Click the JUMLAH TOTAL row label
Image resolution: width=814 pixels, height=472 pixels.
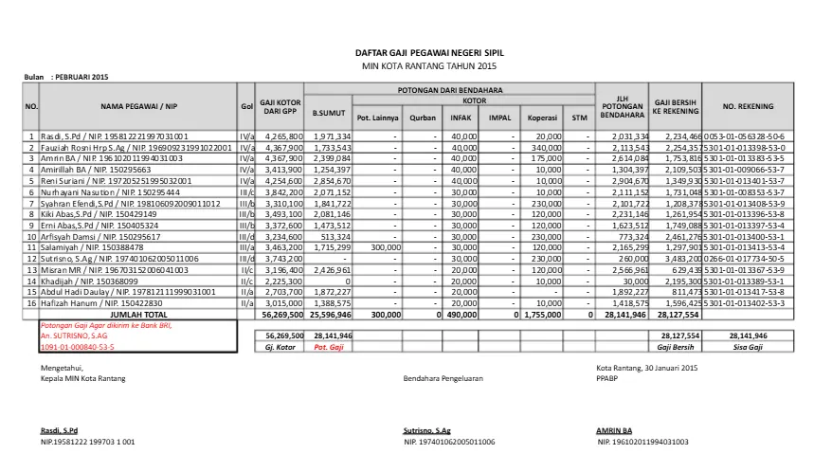(x=138, y=313)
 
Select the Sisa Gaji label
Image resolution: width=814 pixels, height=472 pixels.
(x=748, y=347)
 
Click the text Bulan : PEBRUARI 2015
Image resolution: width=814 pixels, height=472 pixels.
(x=66, y=77)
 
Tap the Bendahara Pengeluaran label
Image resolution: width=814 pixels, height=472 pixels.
(x=443, y=378)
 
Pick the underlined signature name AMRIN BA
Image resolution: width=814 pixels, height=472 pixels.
(x=616, y=430)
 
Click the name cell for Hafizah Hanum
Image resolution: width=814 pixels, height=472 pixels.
(x=81, y=302)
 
